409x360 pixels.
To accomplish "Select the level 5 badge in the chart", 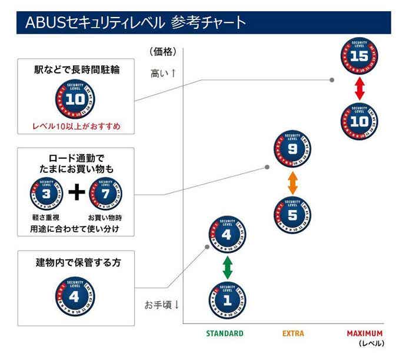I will pos(292,214).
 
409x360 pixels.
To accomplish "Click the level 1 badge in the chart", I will pos(227,300).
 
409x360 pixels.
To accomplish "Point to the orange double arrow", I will pos(292,183).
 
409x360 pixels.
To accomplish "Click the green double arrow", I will pos(227,268).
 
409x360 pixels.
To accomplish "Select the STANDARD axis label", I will pos(224,334).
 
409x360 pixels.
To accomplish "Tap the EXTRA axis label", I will pos(293,334).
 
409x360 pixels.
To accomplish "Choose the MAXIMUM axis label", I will pos(365,334).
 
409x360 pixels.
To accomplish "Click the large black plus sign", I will pos(75,194).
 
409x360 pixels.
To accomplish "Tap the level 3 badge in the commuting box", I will pos(46,194).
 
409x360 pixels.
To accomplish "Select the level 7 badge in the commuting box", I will pos(105,194).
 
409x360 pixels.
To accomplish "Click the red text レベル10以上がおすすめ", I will pos(75,126).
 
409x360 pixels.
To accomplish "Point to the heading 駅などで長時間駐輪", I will pos(75,69).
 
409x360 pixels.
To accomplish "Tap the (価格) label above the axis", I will pos(162,52).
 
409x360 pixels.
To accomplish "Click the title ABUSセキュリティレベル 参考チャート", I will pos(135,23).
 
